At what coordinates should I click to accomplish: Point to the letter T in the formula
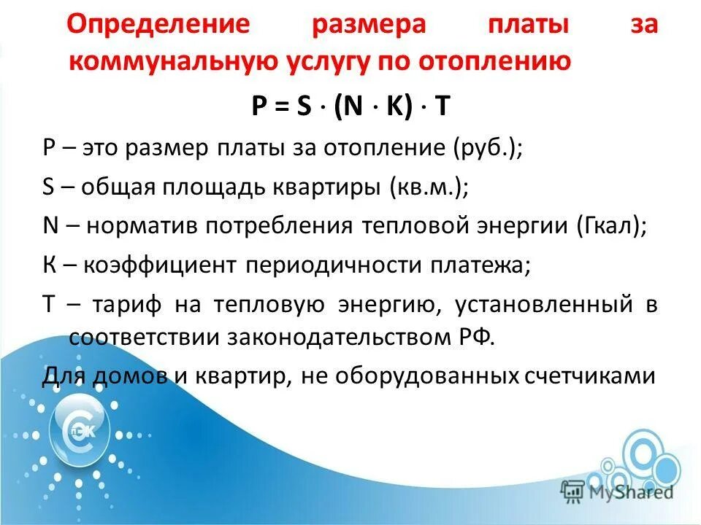(x=441, y=106)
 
